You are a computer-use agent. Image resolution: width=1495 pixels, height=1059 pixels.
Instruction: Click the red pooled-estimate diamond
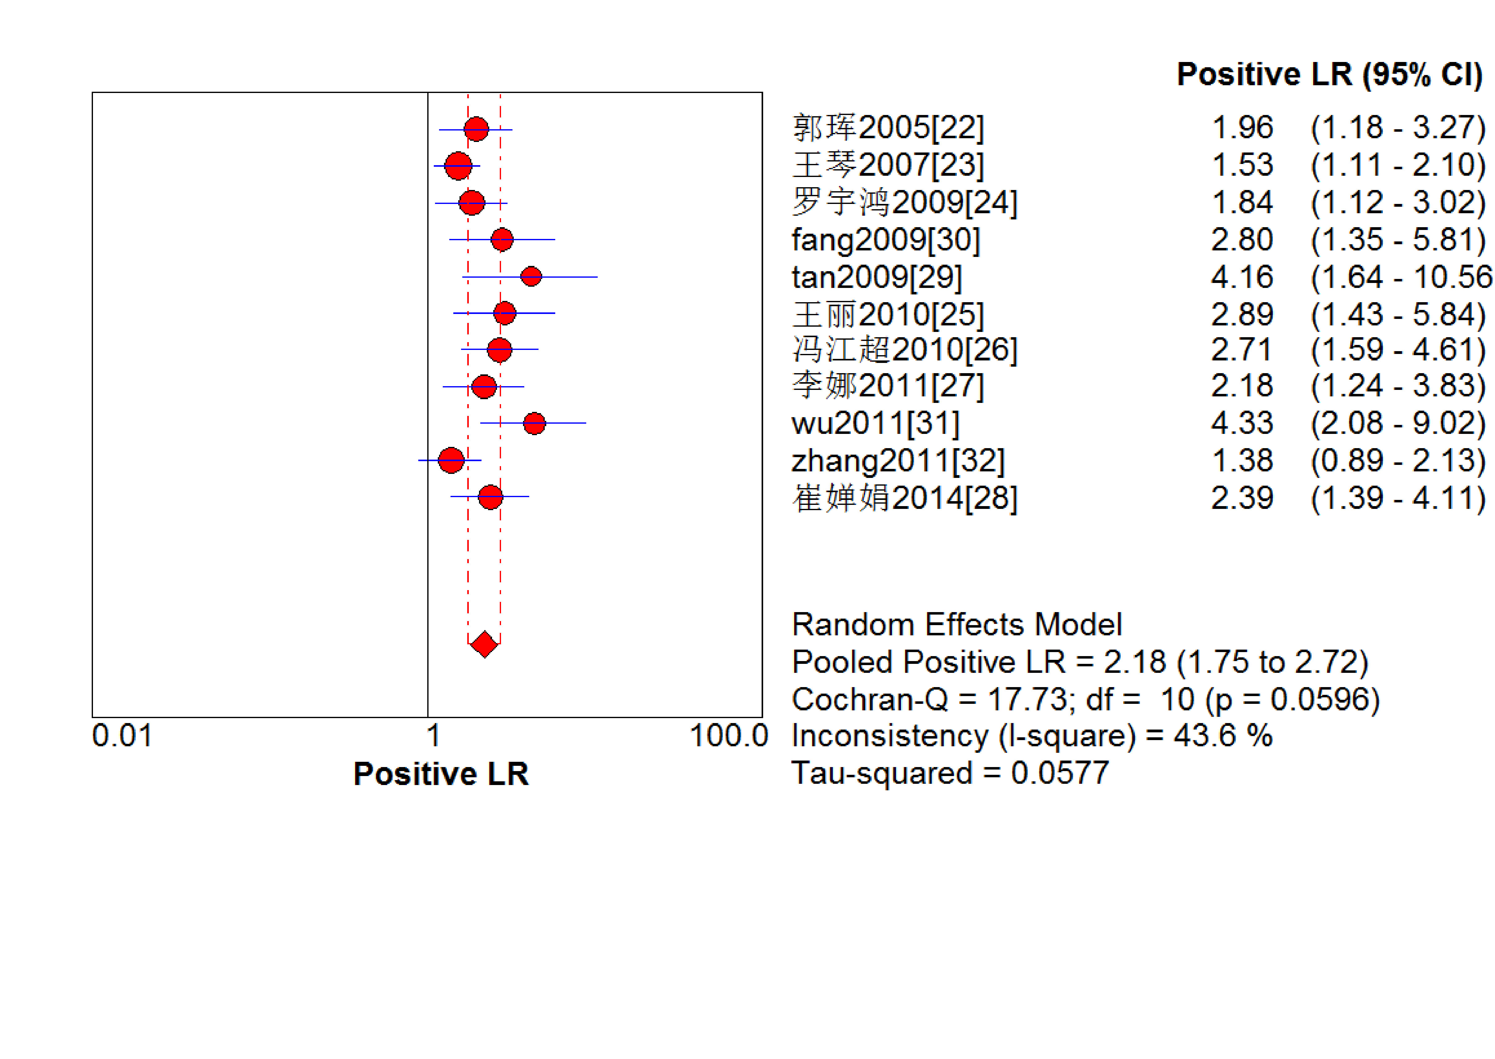coord(484,644)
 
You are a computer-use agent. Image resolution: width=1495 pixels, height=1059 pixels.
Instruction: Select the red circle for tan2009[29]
coord(531,276)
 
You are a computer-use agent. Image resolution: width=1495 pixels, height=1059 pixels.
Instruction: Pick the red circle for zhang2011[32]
coord(451,460)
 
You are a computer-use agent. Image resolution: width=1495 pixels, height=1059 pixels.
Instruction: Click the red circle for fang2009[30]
coord(501,239)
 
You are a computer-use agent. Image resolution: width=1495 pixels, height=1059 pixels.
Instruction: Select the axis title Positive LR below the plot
coord(441,774)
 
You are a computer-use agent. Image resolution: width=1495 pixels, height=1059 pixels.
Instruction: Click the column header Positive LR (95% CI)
coord(1330,74)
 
